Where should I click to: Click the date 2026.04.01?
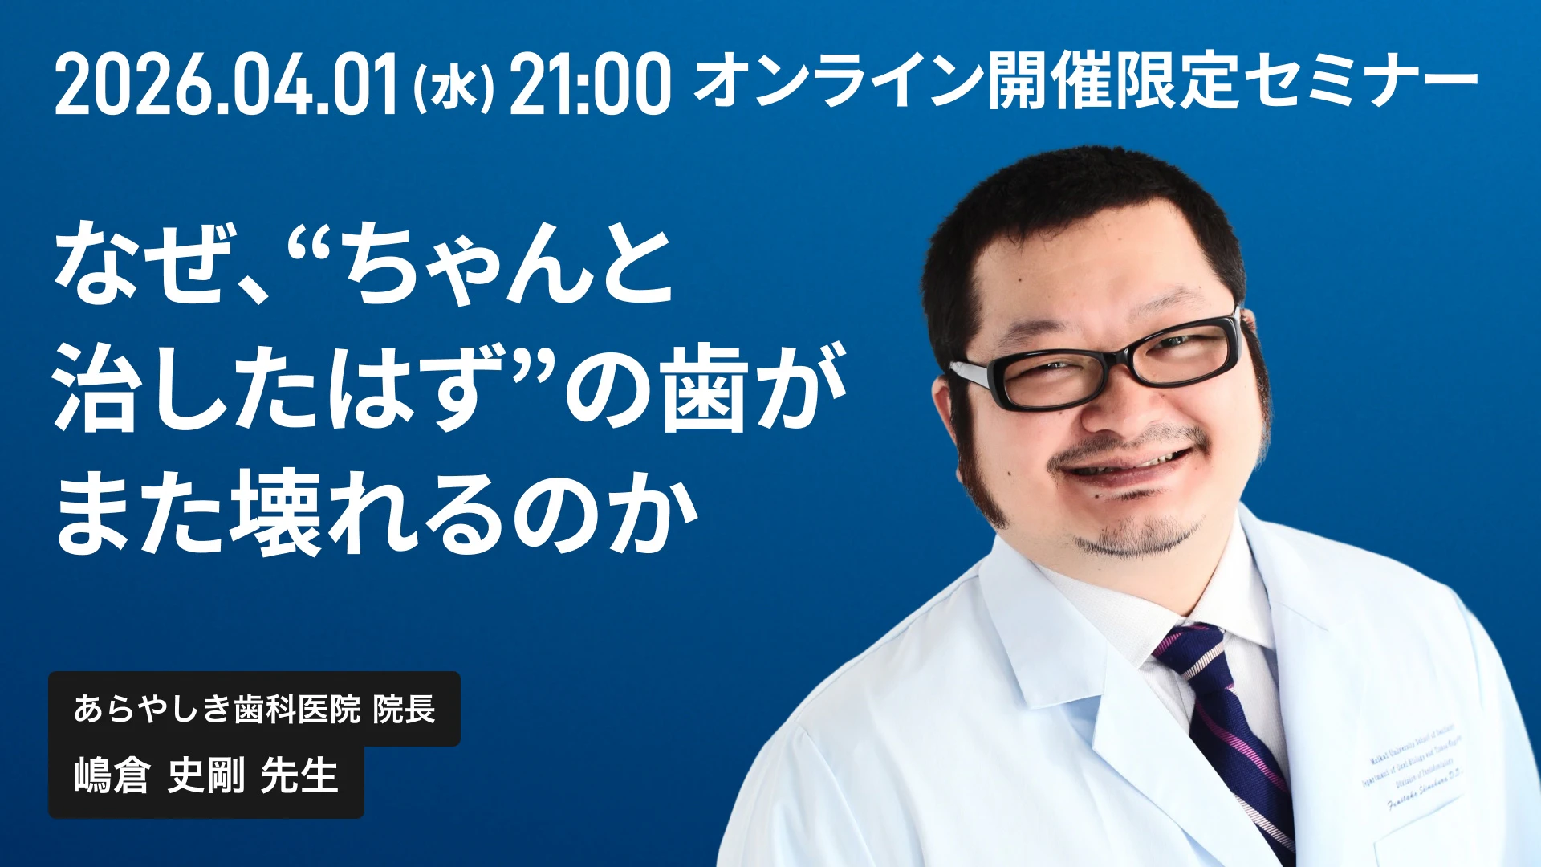coord(227,84)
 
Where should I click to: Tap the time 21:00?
coord(589,84)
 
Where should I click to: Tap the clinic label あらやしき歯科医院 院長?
coord(254,710)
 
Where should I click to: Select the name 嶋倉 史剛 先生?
coord(205,776)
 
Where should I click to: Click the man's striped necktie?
coord(1228,722)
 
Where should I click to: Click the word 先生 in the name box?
coord(299,776)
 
